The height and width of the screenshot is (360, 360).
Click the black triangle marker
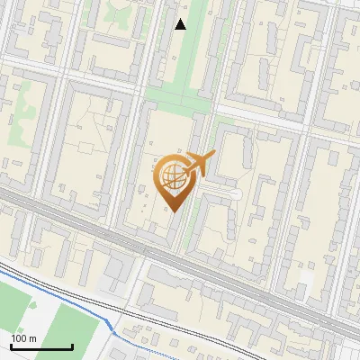pos(181,24)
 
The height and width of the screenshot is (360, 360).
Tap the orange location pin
pos(173,179)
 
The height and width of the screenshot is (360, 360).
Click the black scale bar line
pos(41,346)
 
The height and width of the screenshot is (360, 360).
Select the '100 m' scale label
pos(23,338)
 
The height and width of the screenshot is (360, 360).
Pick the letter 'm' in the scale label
pos(32,338)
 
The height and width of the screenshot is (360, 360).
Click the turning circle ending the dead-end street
pos(236,193)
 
